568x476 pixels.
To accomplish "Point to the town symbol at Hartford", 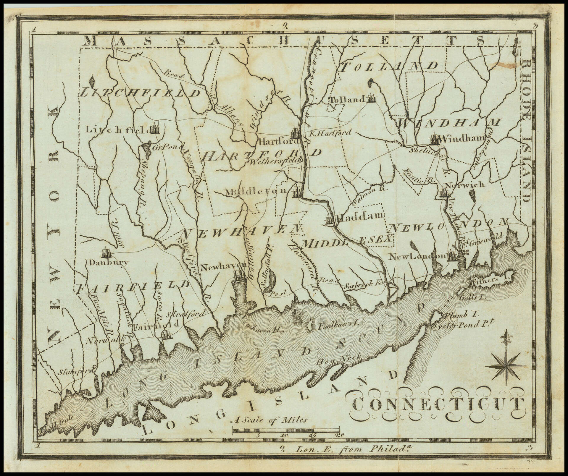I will coord(296,134).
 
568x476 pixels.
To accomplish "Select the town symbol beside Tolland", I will coord(371,98).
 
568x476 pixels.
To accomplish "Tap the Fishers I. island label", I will coord(483,279).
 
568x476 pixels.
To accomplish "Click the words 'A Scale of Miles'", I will coord(270,420).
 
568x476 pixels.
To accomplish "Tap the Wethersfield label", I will coord(275,161).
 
